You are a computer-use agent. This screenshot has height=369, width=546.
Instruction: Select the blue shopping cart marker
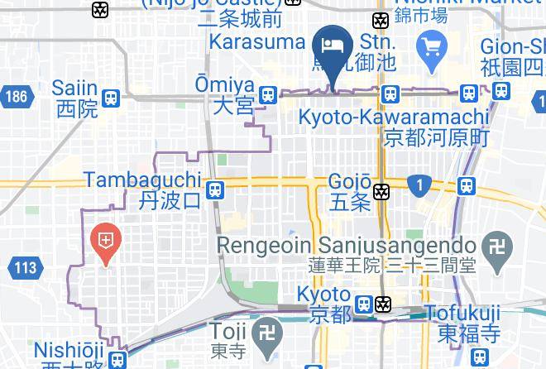tap(430, 44)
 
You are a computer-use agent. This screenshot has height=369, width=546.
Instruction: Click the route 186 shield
tap(15, 96)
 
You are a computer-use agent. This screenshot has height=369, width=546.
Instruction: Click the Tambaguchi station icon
tap(216, 189)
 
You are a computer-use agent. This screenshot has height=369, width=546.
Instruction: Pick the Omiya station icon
tap(267, 94)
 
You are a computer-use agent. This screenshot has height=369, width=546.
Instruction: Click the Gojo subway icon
tap(381, 191)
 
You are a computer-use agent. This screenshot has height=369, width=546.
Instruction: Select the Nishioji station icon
tap(119, 360)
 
